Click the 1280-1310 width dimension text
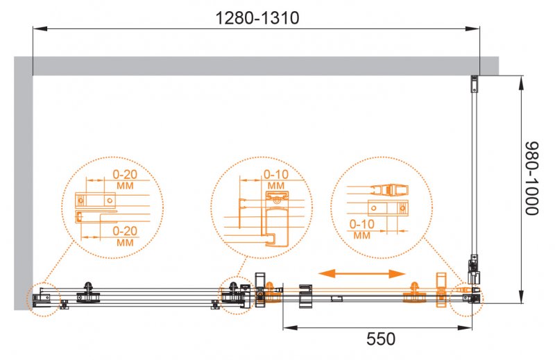[257, 18]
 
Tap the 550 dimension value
[381, 339]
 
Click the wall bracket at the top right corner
[475, 85]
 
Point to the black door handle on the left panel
[88, 291]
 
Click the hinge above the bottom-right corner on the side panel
[475, 267]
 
